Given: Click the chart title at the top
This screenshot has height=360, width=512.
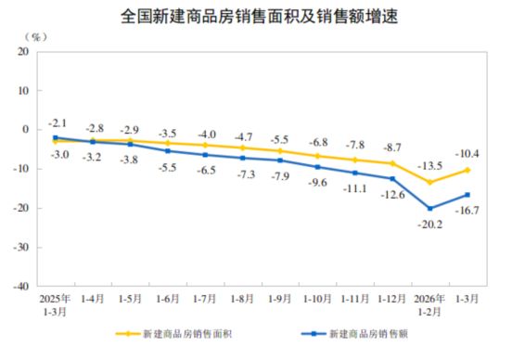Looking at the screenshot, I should tap(256, 16).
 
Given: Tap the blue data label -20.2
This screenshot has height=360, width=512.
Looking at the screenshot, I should tap(431, 224).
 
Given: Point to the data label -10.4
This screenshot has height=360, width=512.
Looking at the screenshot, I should tap(467, 152).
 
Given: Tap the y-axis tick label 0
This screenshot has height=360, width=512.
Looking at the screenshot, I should tap(23, 130).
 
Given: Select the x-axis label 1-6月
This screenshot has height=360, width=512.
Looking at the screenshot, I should tap(167, 301).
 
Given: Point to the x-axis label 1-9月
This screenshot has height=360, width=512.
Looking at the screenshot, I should tap(280, 301).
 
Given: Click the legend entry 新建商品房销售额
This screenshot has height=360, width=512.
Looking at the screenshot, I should tap(365, 332).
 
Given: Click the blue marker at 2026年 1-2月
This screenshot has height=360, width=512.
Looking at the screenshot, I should tap(430, 208).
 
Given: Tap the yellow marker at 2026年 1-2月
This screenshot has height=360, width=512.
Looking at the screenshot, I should tap(430, 182).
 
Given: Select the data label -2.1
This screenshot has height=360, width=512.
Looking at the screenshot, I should tap(58, 123).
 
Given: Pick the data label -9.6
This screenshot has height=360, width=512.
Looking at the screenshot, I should tap(318, 182).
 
